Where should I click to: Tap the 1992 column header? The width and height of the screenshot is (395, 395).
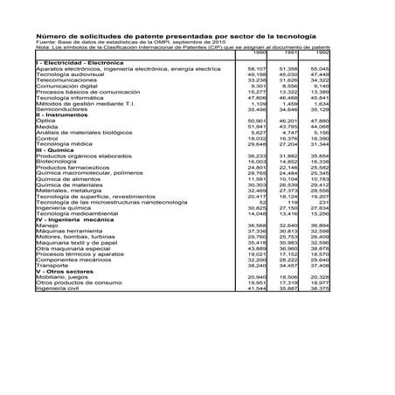point(321,52)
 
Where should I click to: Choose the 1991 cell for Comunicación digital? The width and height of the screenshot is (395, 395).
point(288,87)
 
